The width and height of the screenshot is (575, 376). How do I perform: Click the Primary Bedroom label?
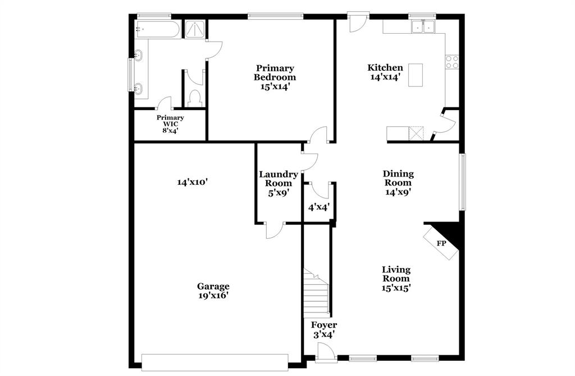click(275, 73)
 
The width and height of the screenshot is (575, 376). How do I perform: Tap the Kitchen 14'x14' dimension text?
click(385, 78)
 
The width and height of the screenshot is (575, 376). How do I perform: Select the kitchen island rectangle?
click(416, 75)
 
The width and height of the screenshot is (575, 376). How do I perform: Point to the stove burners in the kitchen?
click(452, 61)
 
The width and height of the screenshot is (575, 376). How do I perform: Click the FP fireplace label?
click(442, 243)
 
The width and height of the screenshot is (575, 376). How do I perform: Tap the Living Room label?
click(396, 274)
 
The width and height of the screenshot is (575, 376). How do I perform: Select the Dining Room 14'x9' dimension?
click(398, 192)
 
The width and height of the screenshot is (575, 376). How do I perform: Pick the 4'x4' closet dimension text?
click(318, 207)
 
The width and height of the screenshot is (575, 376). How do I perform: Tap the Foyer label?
click(324, 325)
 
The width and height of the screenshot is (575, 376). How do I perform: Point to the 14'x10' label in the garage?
click(193, 182)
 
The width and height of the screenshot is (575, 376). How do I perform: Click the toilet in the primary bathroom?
click(195, 98)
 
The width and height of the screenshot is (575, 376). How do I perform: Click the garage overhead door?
click(215, 362)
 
